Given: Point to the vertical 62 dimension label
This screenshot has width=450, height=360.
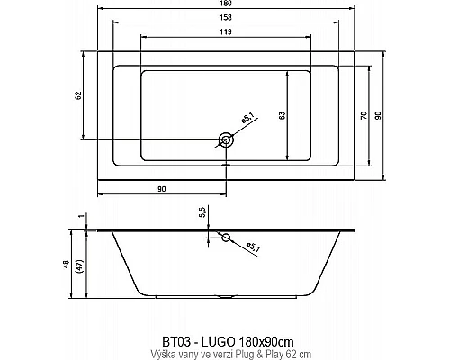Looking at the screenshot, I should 78,95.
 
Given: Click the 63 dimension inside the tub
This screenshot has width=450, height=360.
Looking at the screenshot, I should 283,114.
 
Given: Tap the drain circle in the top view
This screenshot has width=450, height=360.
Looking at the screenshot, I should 226,139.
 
